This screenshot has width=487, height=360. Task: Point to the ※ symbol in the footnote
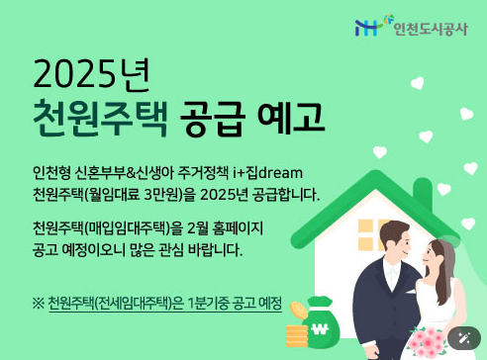(x=39, y=302)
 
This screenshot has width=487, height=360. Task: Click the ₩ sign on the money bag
(x=318, y=330)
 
